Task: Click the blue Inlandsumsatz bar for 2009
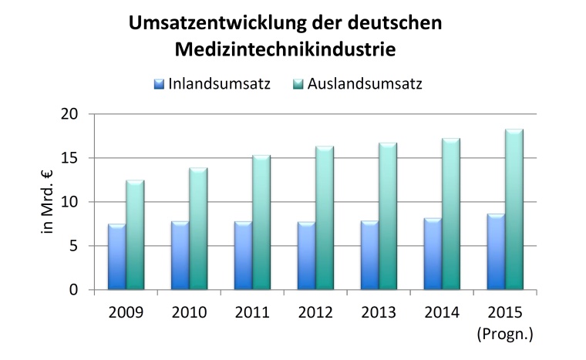coord(117,257)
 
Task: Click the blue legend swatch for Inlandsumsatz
coord(160,83)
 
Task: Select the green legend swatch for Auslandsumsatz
coord(298,83)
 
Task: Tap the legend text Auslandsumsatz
coord(365,83)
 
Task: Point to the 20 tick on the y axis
coord(70,114)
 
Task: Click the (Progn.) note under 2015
coord(504,334)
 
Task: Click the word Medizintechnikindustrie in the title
coord(285,50)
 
